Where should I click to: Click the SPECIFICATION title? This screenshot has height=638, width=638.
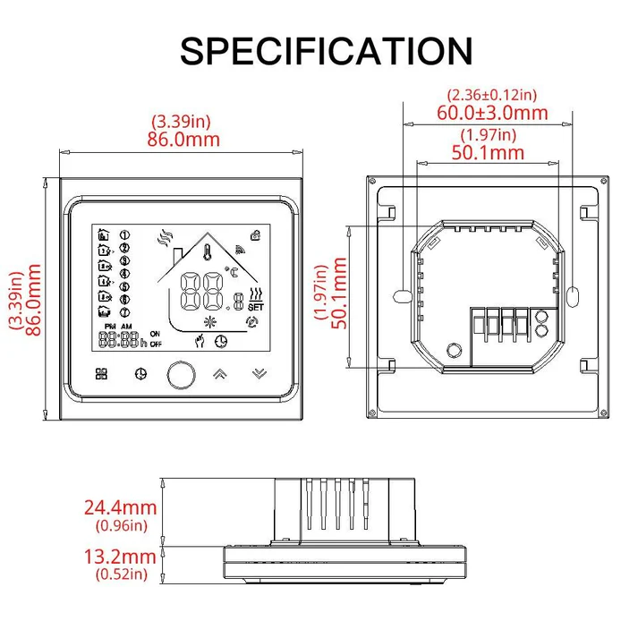click(326, 51)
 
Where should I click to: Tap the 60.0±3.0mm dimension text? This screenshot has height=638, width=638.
click(492, 112)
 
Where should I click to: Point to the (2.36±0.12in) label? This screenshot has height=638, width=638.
click(491, 94)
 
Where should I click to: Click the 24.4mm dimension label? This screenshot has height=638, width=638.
click(120, 507)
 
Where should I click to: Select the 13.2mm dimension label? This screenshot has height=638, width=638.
click(120, 557)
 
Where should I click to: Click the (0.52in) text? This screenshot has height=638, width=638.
click(120, 574)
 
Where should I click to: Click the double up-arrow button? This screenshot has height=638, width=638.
click(218, 373)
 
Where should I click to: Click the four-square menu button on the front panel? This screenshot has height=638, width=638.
click(100, 373)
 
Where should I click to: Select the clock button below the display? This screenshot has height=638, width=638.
click(140, 373)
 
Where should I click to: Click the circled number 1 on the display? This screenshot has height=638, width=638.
click(124, 234)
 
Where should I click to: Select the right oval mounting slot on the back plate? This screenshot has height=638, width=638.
click(573, 294)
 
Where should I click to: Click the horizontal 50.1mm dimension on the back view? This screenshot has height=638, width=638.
click(488, 152)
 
